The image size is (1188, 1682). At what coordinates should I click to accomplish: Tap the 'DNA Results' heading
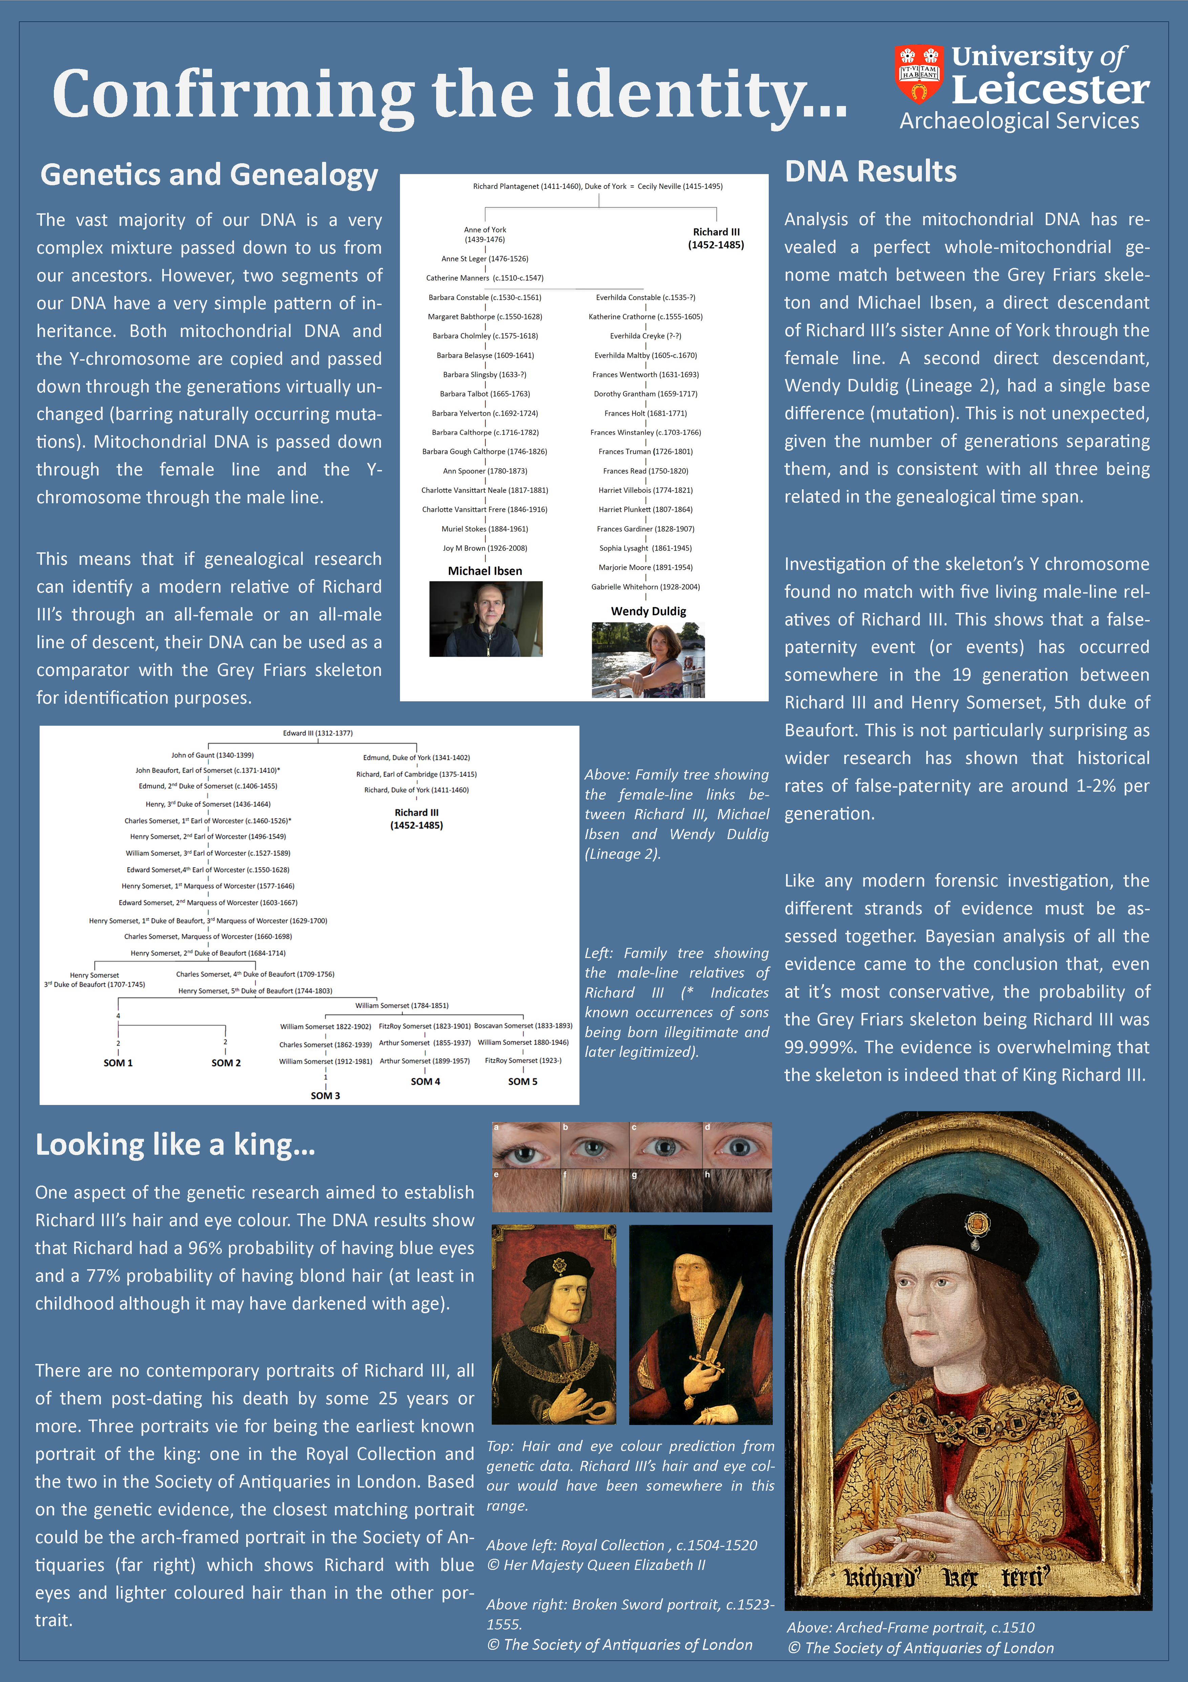870,171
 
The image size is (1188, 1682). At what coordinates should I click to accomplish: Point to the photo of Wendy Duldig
648,659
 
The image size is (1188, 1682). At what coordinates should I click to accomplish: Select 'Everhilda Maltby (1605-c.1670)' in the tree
645,355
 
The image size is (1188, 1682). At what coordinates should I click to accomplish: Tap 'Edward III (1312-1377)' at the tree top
318,732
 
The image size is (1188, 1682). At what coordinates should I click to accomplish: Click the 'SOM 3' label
325,1095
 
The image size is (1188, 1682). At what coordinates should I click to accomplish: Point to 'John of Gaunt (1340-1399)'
212,754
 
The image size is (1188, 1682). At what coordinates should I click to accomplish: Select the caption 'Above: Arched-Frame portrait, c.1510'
910,1627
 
